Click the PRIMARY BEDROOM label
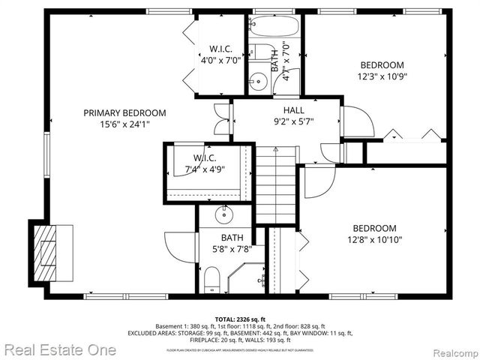[x=124, y=112]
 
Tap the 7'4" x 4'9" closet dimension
[x=204, y=169]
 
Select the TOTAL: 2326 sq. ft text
[x=239, y=318]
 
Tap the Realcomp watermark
[x=451, y=350]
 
